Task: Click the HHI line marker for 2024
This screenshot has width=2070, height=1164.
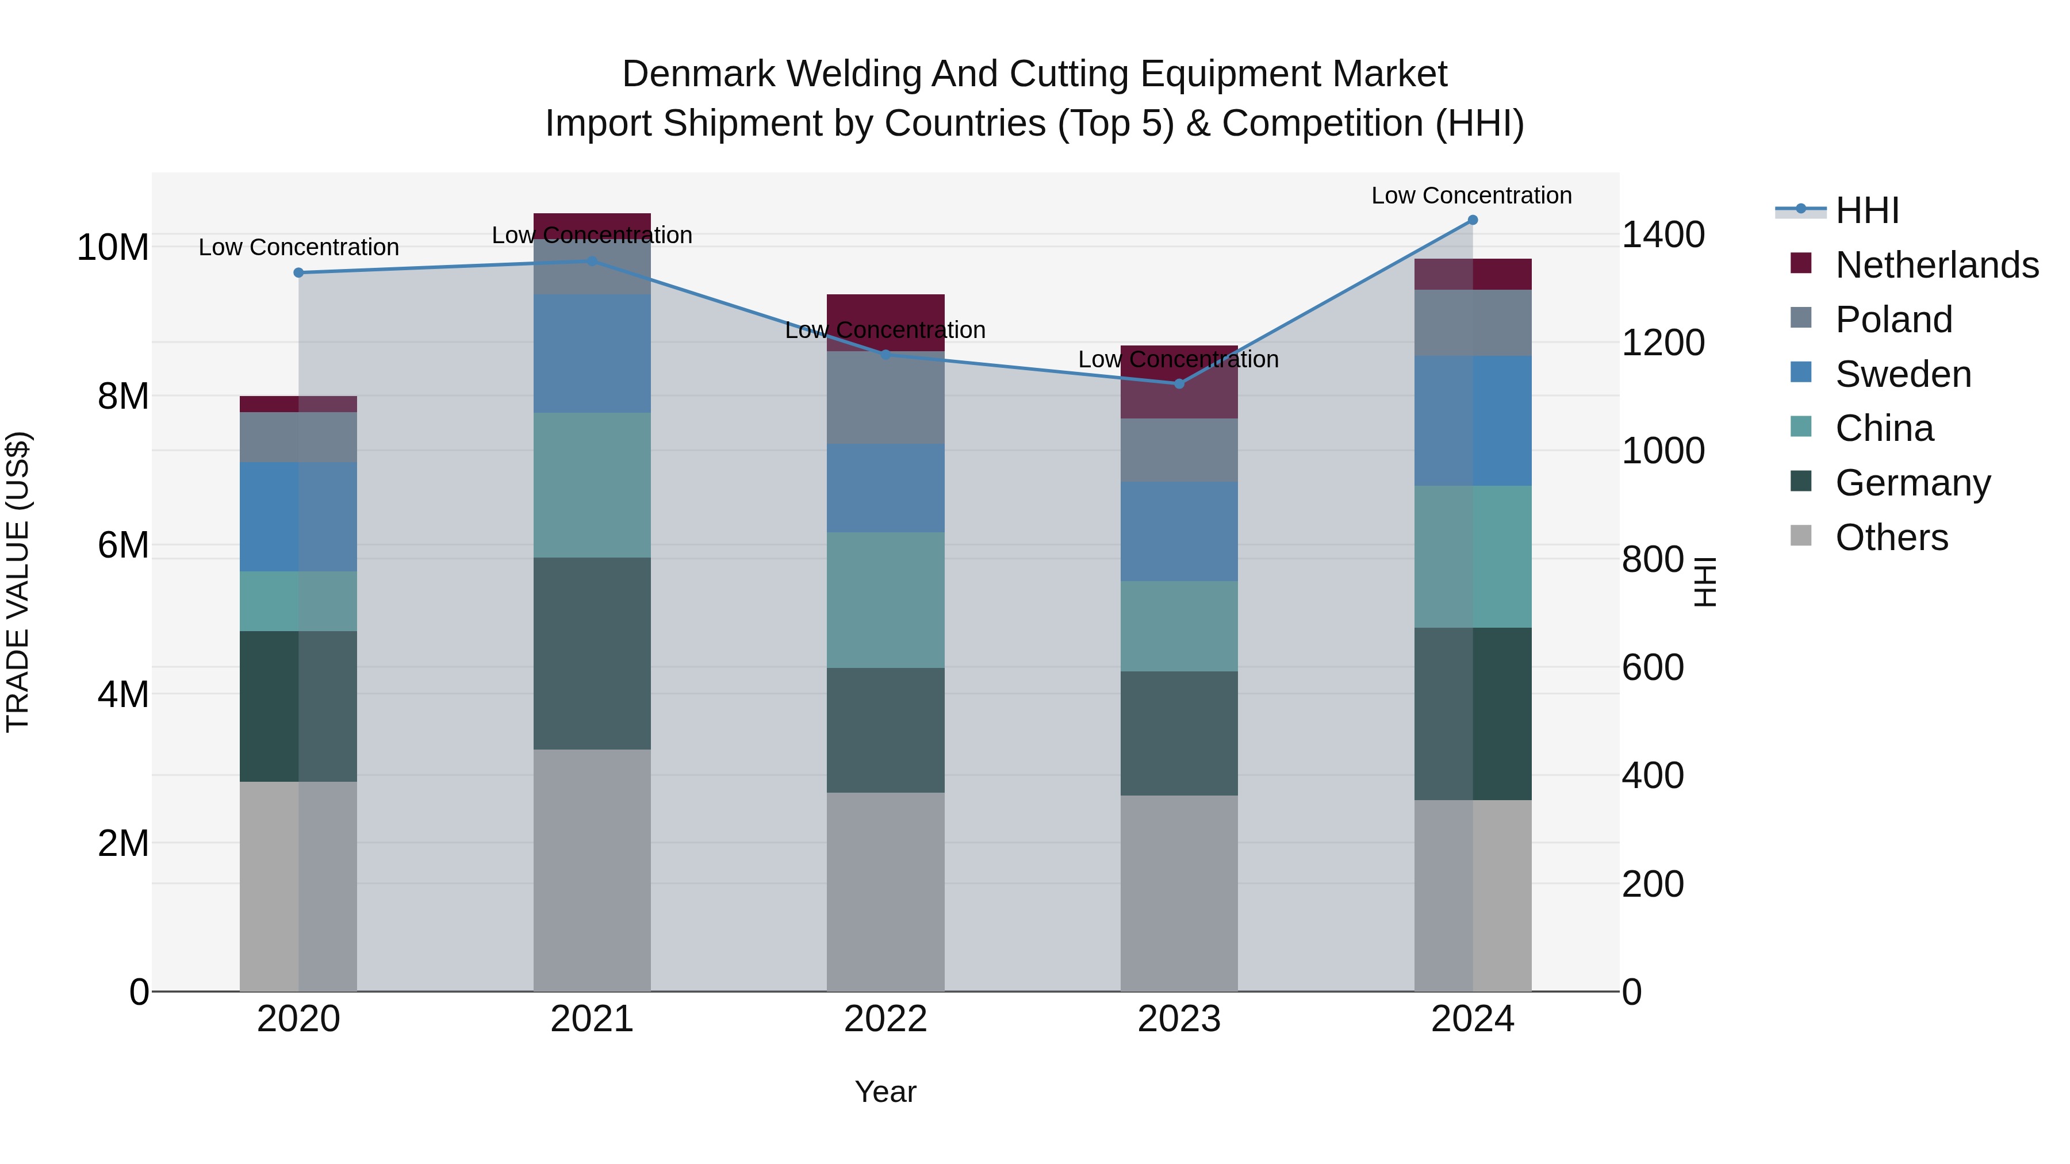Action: [x=1472, y=220]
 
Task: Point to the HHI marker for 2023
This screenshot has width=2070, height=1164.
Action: [x=1179, y=383]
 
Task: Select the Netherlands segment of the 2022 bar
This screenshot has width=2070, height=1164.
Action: [x=885, y=321]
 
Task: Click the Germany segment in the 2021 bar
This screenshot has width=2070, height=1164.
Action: [x=592, y=653]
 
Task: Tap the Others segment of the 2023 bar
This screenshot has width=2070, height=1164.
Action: [x=1179, y=893]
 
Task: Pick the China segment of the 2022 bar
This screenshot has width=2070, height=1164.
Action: [x=885, y=600]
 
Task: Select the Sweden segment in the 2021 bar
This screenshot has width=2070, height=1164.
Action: [x=592, y=354]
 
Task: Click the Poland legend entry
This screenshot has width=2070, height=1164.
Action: [x=1893, y=320]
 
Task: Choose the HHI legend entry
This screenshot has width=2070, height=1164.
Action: [x=1866, y=210]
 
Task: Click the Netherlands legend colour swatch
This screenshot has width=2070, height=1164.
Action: [x=1801, y=263]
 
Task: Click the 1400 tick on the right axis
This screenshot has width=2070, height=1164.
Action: [x=1662, y=235]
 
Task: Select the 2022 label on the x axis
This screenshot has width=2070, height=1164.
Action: [x=885, y=1019]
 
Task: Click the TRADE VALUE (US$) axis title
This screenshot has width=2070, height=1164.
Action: [x=18, y=582]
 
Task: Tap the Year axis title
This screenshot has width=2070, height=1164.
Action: [x=885, y=1092]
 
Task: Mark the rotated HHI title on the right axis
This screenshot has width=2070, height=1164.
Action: [x=1704, y=582]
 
